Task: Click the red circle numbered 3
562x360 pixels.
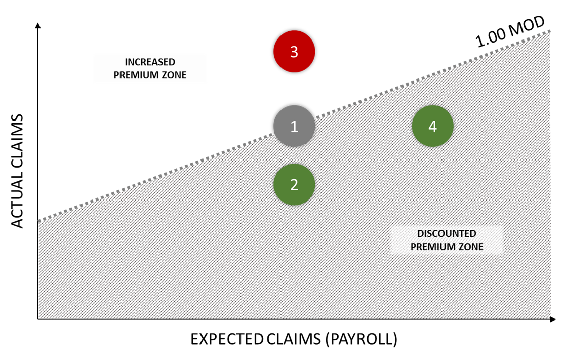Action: (x=294, y=51)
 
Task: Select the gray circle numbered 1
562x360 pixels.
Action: (x=294, y=126)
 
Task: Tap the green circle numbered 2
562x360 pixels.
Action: (x=294, y=184)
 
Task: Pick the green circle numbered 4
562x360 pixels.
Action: (x=432, y=126)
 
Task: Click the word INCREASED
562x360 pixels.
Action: (x=150, y=62)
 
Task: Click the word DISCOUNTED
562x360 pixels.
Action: (x=447, y=234)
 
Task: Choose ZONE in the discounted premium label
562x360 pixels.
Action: (x=470, y=247)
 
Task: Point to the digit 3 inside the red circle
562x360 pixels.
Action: (x=294, y=52)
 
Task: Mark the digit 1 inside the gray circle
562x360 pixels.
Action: (x=294, y=127)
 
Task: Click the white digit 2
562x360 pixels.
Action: (x=294, y=185)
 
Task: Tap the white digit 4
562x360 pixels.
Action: (x=432, y=127)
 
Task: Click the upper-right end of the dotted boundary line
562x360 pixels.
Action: (x=550, y=31)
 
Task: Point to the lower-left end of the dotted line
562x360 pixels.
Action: (x=39, y=221)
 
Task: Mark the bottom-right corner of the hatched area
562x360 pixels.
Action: (x=550, y=318)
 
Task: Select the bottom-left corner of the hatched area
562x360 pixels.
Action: (x=39, y=318)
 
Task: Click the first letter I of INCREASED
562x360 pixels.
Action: (x=127, y=62)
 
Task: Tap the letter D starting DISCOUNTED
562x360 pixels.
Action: (x=420, y=234)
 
